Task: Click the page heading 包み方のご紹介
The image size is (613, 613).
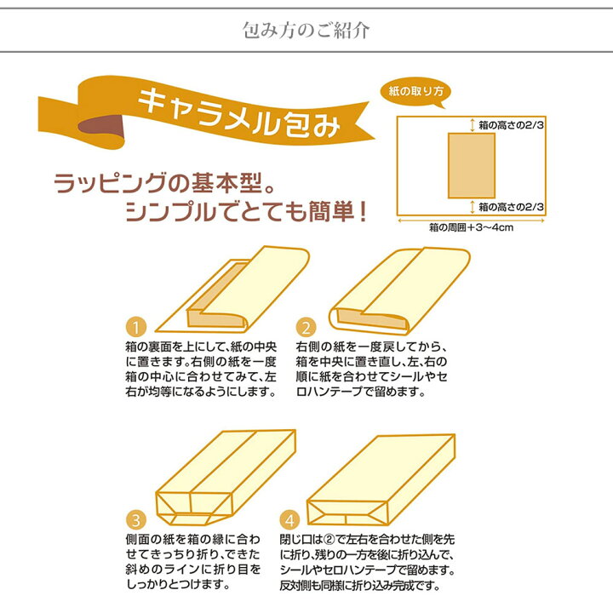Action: [x=306, y=31]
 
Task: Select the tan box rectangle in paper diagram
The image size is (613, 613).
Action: [x=471, y=166]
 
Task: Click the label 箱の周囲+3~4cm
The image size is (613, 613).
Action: [x=470, y=228]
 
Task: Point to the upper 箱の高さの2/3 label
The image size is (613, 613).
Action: [x=510, y=125]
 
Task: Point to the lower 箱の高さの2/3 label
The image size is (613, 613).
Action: [x=510, y=207]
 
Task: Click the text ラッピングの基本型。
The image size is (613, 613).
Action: [x=164, y=183]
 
